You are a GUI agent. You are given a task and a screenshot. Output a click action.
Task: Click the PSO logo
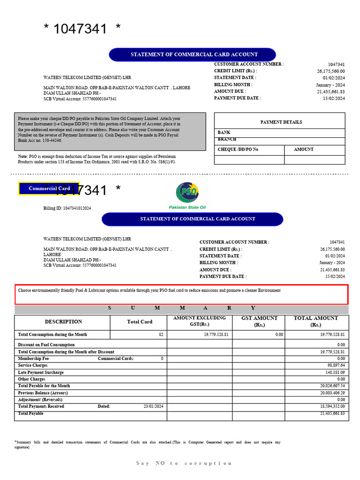coord(187,192)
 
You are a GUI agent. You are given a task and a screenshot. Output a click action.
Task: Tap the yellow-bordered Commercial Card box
coord(49,188)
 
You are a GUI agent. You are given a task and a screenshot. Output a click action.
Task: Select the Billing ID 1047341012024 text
coord(67,208)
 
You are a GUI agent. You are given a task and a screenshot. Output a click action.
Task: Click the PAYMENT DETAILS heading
coord(281,122)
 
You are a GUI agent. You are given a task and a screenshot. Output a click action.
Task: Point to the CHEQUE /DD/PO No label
coord(238,150)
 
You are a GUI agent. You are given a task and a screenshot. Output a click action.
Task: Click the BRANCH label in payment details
coord(227,139)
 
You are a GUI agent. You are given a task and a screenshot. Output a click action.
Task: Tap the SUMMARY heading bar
coord(181,308)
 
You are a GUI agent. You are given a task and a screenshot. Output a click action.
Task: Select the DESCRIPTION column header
coord(63,322)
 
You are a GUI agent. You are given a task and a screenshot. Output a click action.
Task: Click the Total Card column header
coord(140,322)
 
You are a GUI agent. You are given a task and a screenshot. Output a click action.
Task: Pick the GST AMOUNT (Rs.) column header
coord(259,321)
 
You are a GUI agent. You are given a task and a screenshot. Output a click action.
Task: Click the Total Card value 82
coord(161,335)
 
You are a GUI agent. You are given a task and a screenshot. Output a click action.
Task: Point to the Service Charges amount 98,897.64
coord(336,365)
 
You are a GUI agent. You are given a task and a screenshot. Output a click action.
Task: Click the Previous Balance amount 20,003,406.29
coord(332,393)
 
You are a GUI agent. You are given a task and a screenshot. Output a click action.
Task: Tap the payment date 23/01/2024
coord(153,406)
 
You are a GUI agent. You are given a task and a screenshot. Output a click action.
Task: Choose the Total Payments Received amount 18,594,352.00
coord(332,406)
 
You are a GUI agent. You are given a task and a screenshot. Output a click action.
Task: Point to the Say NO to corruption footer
coord(184,463)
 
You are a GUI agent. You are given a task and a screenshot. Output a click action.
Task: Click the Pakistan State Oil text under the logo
coord(187,207)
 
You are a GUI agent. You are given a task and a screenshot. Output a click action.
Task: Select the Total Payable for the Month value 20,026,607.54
coord(332,386)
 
